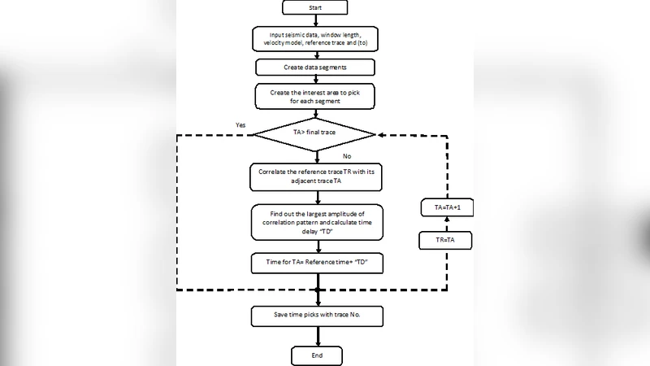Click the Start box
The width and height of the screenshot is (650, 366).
click(315, 7)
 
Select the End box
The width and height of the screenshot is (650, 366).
click(318, 355)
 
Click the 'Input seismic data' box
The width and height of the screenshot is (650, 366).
click(317, 37)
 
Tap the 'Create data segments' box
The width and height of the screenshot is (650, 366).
click(316, 66)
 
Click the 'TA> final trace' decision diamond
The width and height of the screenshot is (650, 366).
click(314, 133)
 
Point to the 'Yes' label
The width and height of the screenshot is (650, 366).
click(240, 124)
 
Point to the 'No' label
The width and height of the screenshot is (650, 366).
click(347, 155)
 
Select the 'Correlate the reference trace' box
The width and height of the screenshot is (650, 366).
click(316, 176)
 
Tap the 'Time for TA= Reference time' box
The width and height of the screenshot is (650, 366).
click(316, 263)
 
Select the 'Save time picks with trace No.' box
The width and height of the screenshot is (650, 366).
click(316, 315)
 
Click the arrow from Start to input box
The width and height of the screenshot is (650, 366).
click(316, 21)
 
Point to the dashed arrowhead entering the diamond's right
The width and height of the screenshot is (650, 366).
click(379, 133)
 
